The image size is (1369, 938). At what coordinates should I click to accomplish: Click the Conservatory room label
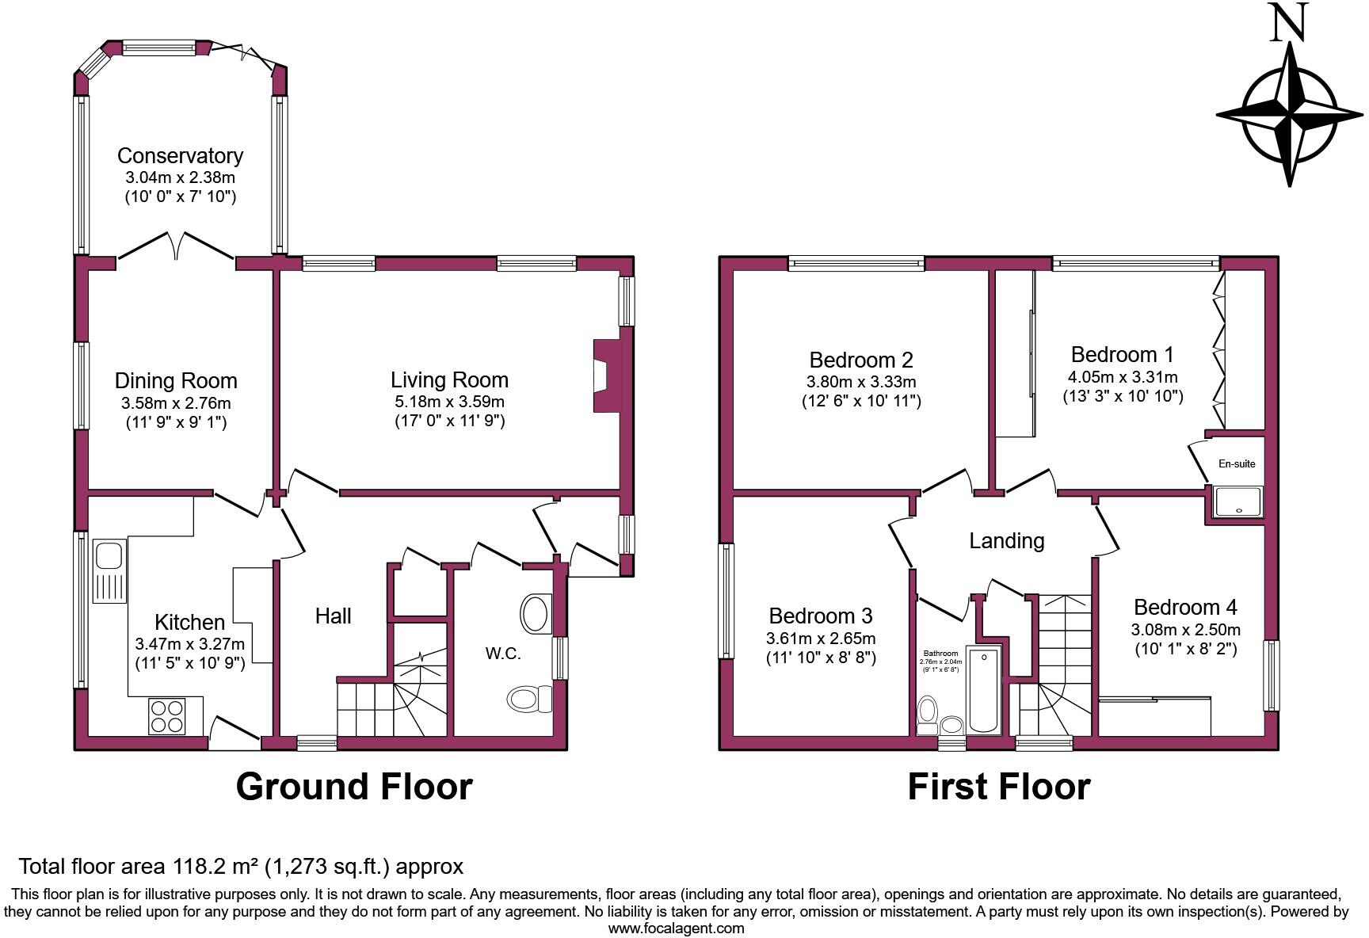point(180,156)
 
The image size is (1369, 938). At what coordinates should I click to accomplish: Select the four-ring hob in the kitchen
point(166,715)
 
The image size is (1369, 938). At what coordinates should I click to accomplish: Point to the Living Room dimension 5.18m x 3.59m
point(449,402)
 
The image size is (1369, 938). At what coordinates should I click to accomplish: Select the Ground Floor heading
point(354,787)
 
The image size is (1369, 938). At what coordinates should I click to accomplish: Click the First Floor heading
point(998,787)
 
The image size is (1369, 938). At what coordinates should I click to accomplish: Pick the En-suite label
point(1237,464)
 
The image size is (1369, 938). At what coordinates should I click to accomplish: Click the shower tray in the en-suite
point(1237,501)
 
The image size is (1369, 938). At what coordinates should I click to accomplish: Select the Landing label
point(1007,541)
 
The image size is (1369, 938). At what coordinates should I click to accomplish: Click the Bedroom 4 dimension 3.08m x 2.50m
point(1185,631)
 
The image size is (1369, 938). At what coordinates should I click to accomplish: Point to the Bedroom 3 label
point(821,616)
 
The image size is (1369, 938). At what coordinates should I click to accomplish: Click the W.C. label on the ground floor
point(503,654)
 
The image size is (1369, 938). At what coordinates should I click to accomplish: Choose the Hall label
point(333,616)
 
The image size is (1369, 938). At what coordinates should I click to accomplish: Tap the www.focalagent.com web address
point(676,928)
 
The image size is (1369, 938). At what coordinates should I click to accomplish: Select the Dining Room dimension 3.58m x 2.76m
point(176,402)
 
